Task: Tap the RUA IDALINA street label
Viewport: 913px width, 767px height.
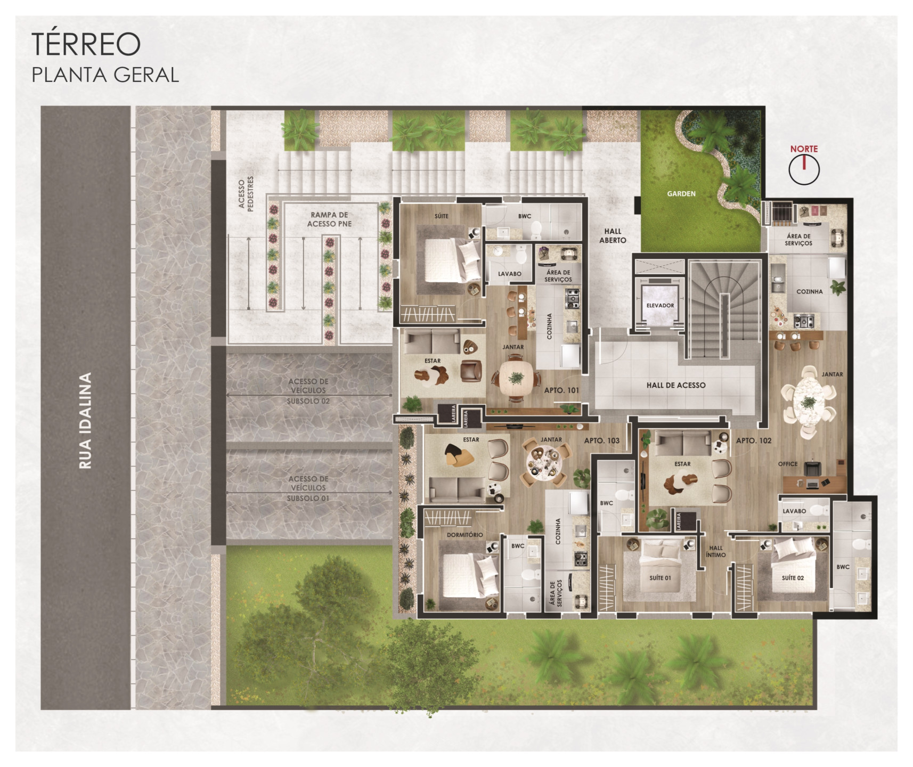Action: (x=85, y=420)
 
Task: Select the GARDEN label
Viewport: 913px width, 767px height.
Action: (x=681, y=194)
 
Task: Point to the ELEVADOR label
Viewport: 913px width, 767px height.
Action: (x=660, y=306)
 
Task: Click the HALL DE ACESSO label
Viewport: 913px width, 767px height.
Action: (x=676, y=385)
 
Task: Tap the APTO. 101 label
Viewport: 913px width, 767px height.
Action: (x=561, y=390)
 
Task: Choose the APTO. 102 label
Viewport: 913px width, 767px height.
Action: (x=754, y=440)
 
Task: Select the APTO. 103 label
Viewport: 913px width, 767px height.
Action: (x=602, y=440)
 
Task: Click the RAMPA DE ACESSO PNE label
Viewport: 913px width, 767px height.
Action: (x=329, y=219)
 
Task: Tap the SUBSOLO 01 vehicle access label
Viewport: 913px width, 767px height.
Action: (x=308, y=488)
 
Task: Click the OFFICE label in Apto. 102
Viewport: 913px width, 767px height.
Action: (x=788, y=464)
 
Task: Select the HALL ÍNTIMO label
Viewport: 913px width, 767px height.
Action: (x=716, y=551)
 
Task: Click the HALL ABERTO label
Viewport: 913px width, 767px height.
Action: (x=613, y=235)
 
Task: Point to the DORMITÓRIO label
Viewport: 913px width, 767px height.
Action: (x=465, y=535)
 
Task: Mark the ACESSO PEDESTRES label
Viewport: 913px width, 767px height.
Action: (x=246, y=193)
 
